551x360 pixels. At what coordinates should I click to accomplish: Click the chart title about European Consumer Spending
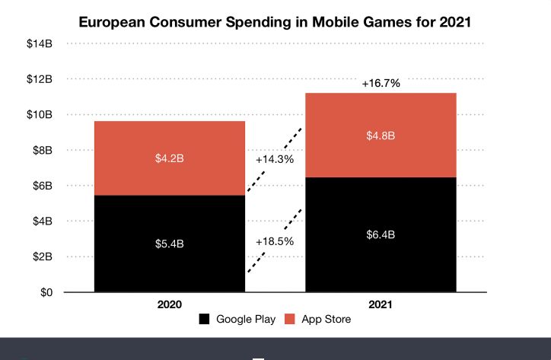point(275,22)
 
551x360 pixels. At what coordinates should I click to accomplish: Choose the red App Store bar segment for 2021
point(381,114)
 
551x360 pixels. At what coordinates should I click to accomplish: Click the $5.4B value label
point(170,244)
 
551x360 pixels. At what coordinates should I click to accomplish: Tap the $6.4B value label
point(381,234)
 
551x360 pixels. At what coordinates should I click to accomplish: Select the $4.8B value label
point(381,136)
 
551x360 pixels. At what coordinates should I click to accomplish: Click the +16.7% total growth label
point(381,81)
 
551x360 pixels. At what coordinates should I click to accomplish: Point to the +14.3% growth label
point(275,160)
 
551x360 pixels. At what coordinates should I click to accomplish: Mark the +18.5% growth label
point(275,241)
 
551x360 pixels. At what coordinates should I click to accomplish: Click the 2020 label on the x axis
point(170,304)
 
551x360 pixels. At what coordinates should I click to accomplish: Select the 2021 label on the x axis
point(381,304)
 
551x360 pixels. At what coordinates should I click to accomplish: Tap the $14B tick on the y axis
point(39,43)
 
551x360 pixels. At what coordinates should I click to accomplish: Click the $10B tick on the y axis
point(39,114)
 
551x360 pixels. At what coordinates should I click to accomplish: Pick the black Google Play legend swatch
point(205,320)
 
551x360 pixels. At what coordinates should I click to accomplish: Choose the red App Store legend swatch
point(291,320)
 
